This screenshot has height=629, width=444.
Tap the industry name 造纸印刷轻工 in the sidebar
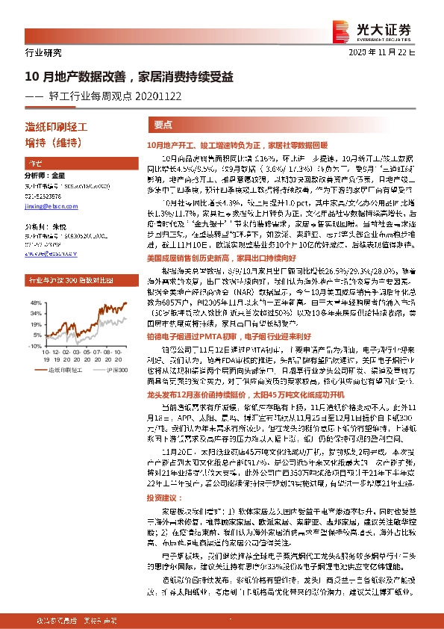point(57,128)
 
